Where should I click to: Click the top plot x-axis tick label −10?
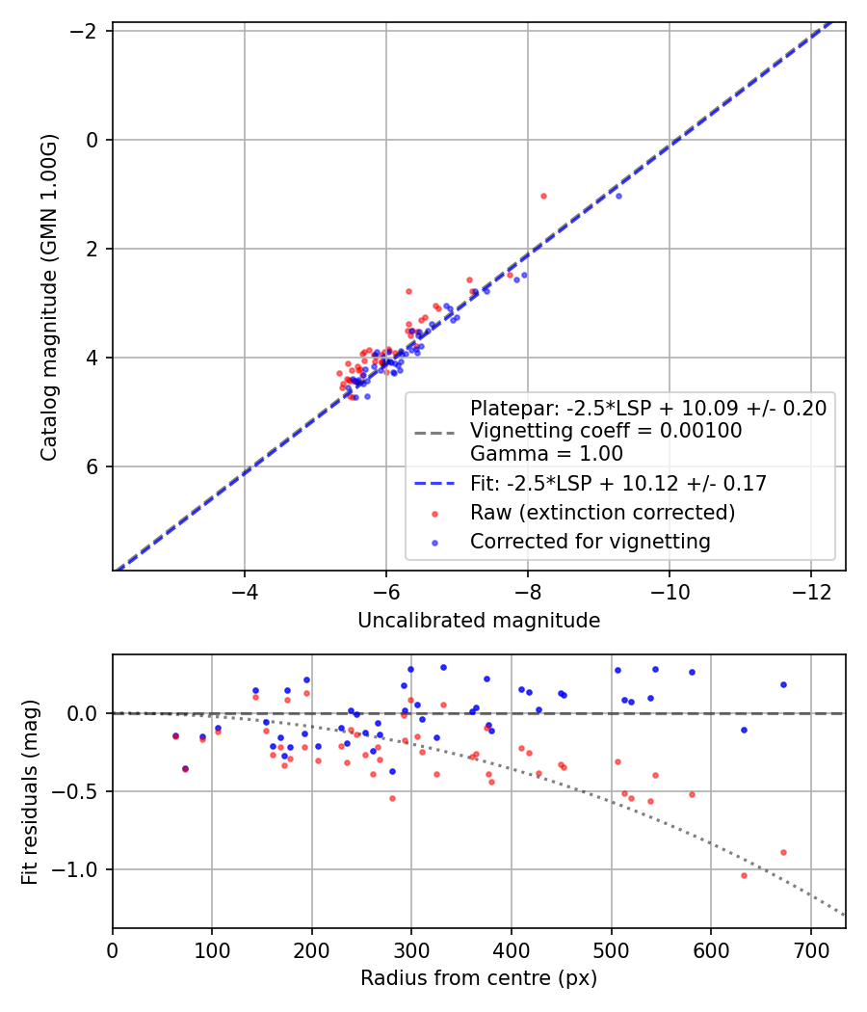(669, 592)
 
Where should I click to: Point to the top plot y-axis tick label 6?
(92, 466)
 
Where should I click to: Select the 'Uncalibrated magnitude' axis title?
(479, 621)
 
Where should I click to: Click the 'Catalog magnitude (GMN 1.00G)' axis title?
(49, 297)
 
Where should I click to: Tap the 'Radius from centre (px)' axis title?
(479, 978)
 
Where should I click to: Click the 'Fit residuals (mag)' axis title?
(30, 792)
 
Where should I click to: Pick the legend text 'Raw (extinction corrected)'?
(602, 513)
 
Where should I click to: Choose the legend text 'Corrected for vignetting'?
(591, 541)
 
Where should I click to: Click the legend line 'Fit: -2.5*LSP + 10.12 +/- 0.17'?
(434, 484)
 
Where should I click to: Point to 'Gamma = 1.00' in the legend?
(546, 453)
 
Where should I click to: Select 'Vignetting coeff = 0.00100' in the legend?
(606, 431)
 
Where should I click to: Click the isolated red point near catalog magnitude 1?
(544, 197)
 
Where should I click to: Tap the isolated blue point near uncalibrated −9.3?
(618, 197)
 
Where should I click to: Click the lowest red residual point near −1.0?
(744, 876)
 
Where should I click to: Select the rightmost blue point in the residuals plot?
(784, 684)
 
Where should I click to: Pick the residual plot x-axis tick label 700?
(810, 949)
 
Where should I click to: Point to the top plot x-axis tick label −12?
(811, 592)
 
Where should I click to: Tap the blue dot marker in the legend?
(434, 543)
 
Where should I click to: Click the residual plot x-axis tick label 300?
(411, 949)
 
